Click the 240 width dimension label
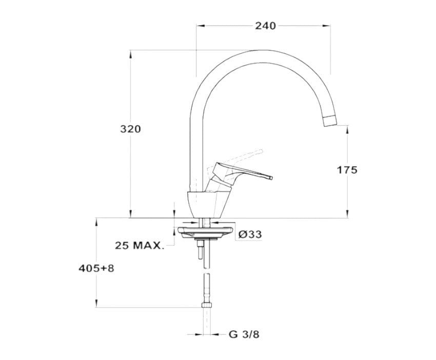point(266,26)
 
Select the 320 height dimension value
point(130,129)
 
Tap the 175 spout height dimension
point(347,170)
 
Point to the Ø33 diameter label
point(250,234)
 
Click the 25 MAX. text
point(138,246)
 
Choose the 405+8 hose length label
point(96,268)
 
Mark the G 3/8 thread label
point(244,334)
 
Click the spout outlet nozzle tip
point(329,121)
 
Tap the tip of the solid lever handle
point(271,177)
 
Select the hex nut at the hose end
point(206,305)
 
